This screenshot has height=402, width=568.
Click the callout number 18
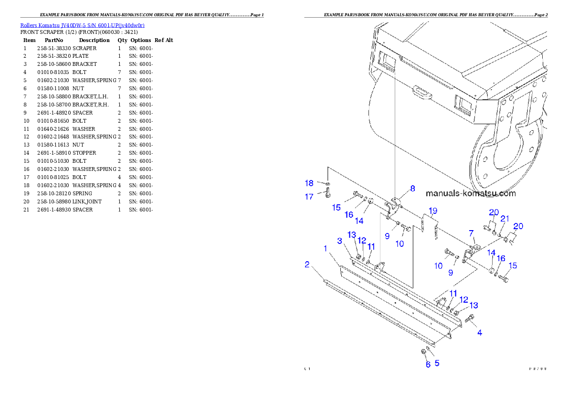309,183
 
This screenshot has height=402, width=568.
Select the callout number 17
309,196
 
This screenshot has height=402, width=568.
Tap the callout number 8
412,188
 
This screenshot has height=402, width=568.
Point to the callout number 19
432,211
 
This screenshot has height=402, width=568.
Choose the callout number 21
504,218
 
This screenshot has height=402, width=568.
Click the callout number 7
471,233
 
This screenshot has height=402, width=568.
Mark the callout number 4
480,333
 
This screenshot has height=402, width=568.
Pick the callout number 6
428,364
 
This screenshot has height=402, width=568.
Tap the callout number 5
437,363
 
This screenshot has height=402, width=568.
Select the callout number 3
340,241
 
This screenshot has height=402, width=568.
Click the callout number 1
326,249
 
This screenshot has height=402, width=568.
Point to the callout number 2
307,264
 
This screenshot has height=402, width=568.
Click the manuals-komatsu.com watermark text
470,193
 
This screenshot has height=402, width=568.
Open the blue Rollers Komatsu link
82,25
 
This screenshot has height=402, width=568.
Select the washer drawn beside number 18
328,183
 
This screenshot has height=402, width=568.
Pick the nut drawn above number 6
423,352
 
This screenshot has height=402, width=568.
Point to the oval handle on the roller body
422,92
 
